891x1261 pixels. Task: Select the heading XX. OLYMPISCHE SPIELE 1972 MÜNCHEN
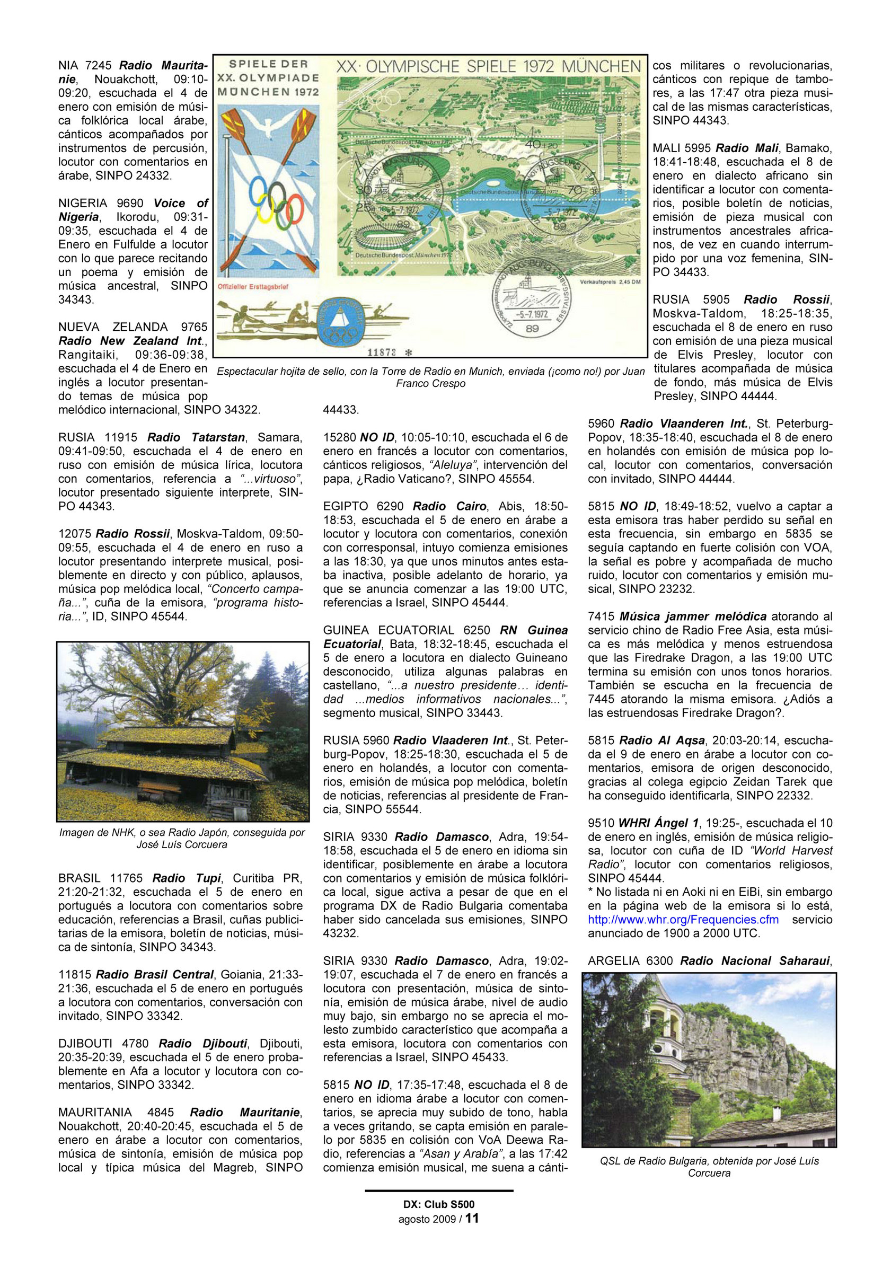(488, 67)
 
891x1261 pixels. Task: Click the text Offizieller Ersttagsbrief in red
(253, 287)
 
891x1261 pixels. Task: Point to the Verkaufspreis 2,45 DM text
(610, 283)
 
